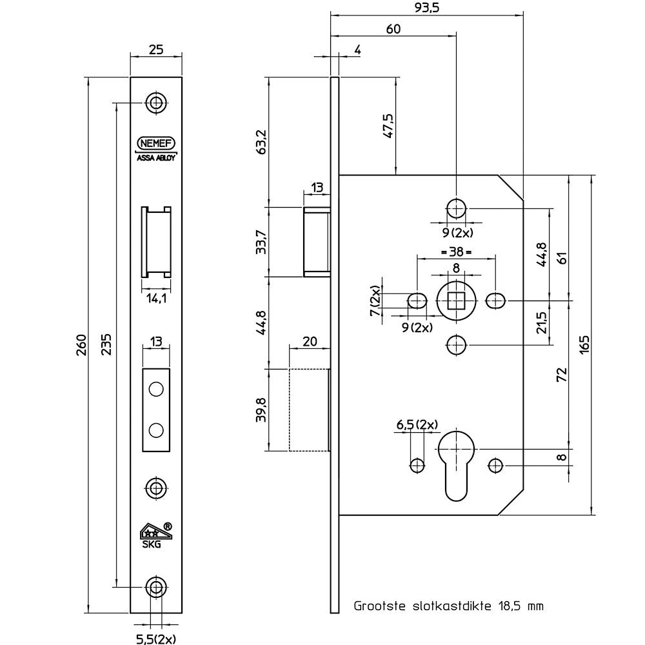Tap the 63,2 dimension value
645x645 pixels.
pyautogui.click(x=261, y=141)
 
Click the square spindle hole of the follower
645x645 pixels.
pyautogui.click(x=457, y=301)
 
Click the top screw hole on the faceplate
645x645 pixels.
pyautogui.click(x=155, y=102)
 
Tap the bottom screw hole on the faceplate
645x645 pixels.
pyautogui.click(x=155, y=586)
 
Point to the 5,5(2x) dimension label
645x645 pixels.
pyautogui.click(x=155, y=639)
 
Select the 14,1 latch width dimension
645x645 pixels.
pyautogui.click(x=155, y=298)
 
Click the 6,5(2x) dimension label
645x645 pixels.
pyautogui.click(x=416, y=424)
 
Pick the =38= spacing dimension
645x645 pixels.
pyautogui.click(x=456, y=251)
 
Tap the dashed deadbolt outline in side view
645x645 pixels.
pyautogui.click(x=310, y=409)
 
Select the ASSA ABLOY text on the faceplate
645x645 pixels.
pyautogui.click(x=155, y=157)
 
